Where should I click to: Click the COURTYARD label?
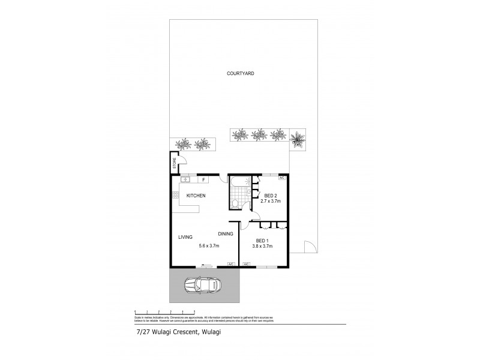(x=241, y=73)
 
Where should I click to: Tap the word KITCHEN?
(x=196, y=196)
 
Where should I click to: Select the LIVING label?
(x=185, y=237)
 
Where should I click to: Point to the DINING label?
(x=226, y=234)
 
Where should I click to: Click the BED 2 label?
(x=271, y=196)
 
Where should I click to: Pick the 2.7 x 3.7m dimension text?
(x=271, y=202)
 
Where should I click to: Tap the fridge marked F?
(x=204, y=179)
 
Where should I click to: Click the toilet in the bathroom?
(x=238, y=205)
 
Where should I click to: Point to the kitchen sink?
(x=186, y=179)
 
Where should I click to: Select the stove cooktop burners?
(x=176, y=195)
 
